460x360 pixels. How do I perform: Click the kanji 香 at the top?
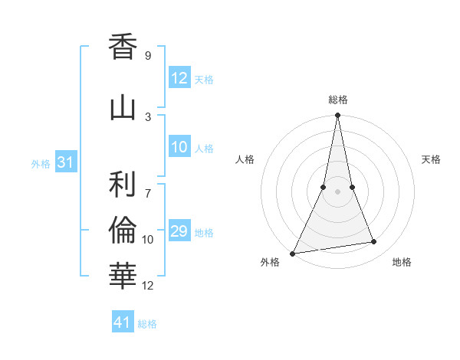[x=123, y=47]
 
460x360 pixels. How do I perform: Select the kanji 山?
[x=123, y=108]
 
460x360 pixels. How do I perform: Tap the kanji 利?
[x=123, y=184]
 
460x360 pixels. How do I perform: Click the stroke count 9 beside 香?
[x=147, y=56]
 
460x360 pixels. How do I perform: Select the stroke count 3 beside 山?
[x=148, y=116]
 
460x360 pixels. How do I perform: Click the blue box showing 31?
[x=65, y=162]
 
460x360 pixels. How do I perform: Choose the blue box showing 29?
[x=179, y=231]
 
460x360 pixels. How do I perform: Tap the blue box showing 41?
[x=123, y=322]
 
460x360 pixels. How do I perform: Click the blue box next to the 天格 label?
[x=179, y=78]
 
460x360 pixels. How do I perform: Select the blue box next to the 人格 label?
[x=179, y=147]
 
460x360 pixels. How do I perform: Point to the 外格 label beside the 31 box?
[x=40, y=163]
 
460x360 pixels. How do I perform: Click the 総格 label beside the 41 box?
[x=147, y=324]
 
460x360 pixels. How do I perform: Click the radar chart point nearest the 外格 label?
[x=293, y=253]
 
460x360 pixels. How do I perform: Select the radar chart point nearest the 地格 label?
[x=374, y=242]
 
